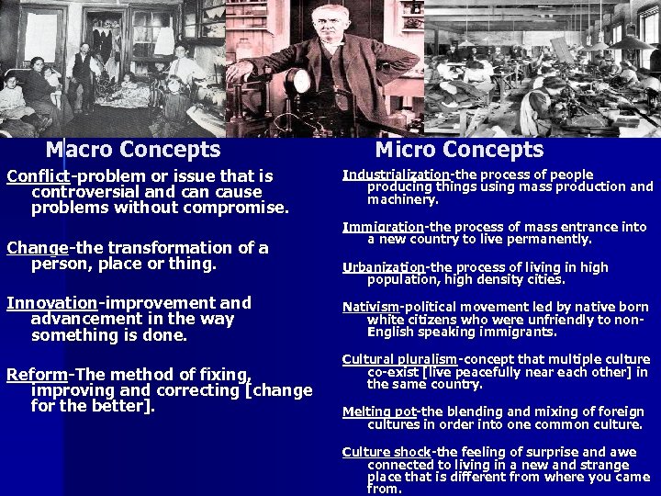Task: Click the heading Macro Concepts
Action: (133, 150)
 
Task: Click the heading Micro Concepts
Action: (459, 150)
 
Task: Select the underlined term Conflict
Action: (38, 175)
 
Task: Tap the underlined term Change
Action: (38, 248)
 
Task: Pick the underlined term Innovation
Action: (51, 303)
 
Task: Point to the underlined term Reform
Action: (38, 375)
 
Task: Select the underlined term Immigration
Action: (383, 227)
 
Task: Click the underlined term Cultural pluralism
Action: (399, 360)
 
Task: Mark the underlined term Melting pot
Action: (379, 412)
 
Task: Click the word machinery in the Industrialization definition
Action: (402, 199)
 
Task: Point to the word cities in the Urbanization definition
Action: (542, 279)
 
